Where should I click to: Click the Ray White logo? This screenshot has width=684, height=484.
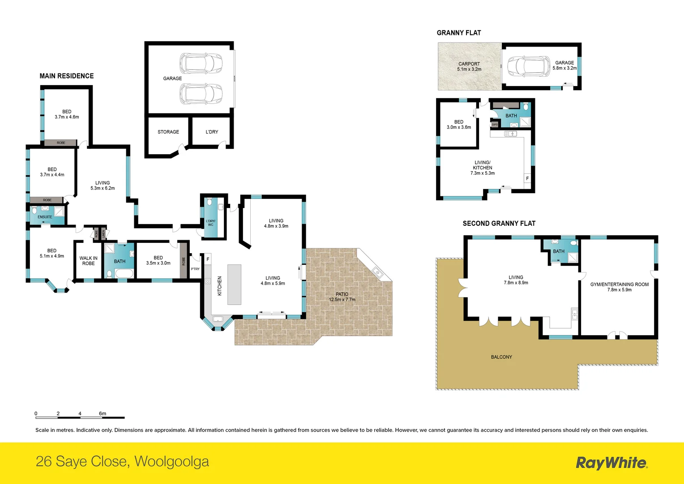pyautogui.click(x=611, y=462)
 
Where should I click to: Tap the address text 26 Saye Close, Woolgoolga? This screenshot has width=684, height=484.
pyautogui.click(x=122, y=461)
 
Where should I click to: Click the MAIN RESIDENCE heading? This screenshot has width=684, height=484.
pyautogui.click(x=67, y=76)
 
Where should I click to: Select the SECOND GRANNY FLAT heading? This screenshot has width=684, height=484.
pyautogui.click(x=499, y=223)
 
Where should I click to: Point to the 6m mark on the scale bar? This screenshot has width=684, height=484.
pyautogui.click(x=103, y=414)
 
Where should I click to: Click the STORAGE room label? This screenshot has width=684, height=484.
pyautogui.click(x=168, y=132)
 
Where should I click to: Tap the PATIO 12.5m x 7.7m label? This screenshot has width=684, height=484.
pyautogui.click(x=342, y=297)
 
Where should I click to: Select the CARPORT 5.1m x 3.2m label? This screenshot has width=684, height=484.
pyautogui.click(x=469, y=66)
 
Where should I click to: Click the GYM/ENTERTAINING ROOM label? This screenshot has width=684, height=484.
pyautogui.click(x=619, y=287)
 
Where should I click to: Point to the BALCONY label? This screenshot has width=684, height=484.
pyautogui.click(x=501, y=357)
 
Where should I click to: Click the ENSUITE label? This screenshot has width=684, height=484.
pyautogui.click(x=45, y=217)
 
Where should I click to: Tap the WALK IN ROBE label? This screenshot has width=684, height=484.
pyautogui.click(x=89, y=261)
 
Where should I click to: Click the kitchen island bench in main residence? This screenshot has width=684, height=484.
pyautogui.click(x=234, y=285)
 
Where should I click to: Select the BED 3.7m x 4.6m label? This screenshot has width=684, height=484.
pyautogui.click(x=67, y=114)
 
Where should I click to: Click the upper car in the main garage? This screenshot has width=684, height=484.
pyautogui.click(x=201, y=63)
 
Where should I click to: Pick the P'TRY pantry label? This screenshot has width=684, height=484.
pyautogui.click(x=195, y=269)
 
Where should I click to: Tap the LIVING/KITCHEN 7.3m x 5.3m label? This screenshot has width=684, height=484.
pyautogui.click(x=482, y=168)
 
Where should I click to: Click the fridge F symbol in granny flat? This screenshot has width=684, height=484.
pyautogui.click(x=527, y=178)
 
